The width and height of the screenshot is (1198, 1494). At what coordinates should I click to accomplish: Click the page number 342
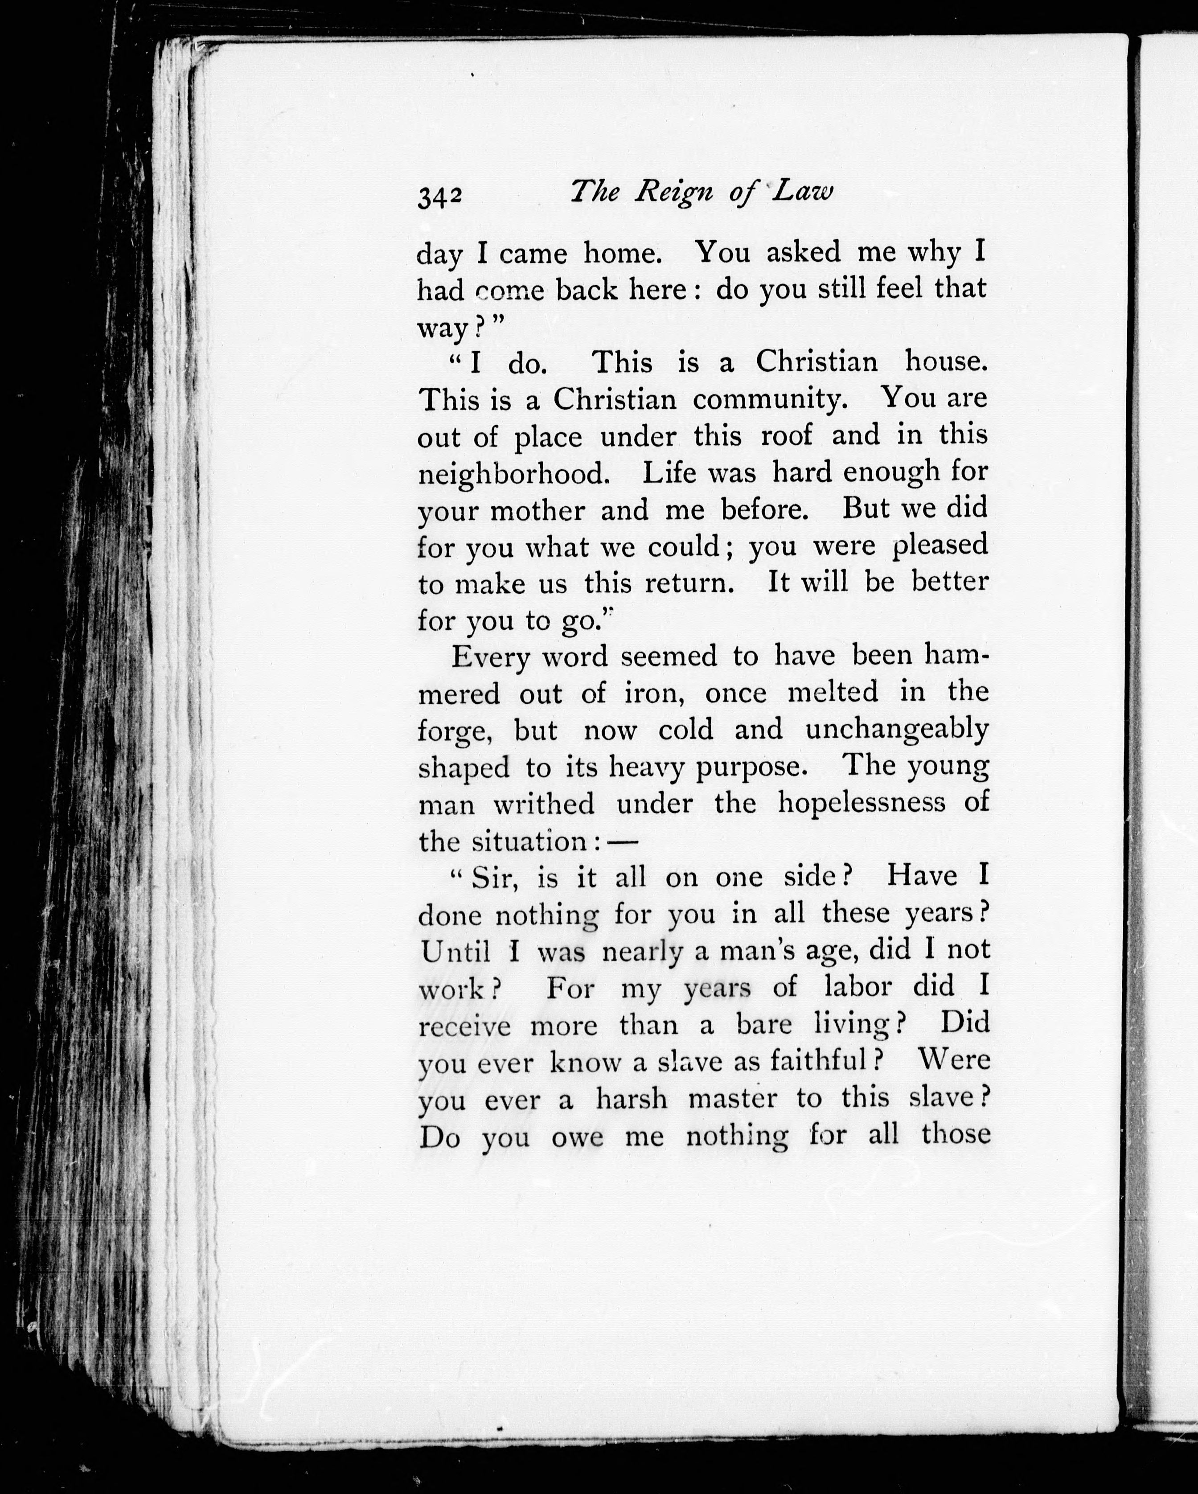click(x=439, y=197)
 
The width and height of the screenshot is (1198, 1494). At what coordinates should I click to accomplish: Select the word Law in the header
click(x=802, y=193)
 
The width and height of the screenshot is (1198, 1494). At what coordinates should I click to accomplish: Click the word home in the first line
click(x=622, y=254)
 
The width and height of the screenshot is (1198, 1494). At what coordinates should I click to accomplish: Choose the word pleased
click(x=940, y=546)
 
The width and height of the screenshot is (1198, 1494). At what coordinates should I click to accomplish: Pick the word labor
click(x=857, y=987)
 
